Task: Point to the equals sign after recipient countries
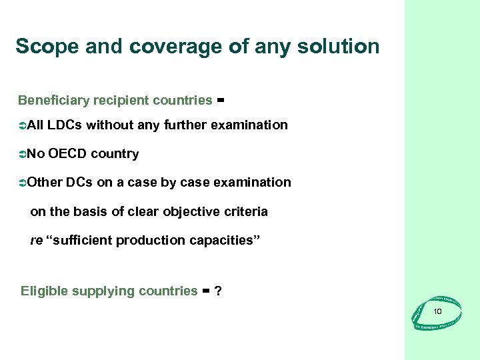click(x=221, y=101)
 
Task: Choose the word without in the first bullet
click(x=109, y=125)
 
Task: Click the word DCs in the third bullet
click(x=78, y=183)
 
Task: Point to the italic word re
click(x=37, y=241)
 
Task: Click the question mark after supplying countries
click(x=218, y=291)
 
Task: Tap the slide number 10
click(x=437, y=312)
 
